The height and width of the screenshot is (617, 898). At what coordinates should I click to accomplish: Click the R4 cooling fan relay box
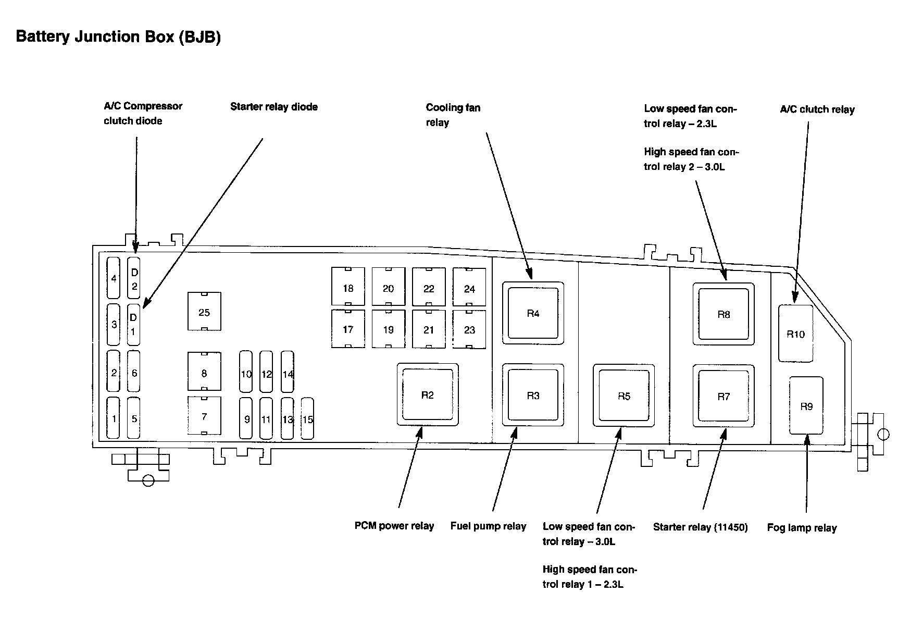pos(533,313)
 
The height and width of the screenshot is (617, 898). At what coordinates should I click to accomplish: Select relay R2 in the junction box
pos(428,395)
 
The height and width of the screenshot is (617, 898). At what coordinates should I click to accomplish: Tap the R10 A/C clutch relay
pos(795,334)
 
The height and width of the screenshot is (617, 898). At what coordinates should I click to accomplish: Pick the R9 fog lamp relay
pos(806,406)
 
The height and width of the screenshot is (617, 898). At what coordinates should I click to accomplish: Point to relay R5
pos(623,396)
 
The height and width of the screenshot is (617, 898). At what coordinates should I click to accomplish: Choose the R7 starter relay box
pos(724,397)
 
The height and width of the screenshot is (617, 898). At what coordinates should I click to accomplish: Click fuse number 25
pos(204,312)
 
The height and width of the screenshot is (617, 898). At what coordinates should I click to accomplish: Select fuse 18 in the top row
pos(348,287)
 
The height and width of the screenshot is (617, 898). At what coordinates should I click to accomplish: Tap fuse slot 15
pos(308,418)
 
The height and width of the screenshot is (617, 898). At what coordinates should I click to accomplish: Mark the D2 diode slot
pos(134,278)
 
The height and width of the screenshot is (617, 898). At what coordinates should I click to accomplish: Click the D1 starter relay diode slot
pos(134,324)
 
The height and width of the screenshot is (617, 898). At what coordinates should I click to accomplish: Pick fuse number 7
pos(204,416)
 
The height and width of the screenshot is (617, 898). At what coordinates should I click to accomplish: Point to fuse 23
pos(469,329)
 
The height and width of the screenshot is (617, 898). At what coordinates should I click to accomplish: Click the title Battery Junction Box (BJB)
pos(119,37)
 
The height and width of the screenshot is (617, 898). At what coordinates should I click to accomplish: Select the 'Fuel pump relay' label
pos(488,526)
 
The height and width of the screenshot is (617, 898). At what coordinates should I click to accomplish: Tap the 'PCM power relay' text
pos(394,526)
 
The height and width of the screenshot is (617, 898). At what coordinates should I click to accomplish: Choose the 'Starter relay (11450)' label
pos(700,527)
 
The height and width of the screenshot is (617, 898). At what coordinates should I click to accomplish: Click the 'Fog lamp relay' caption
pos(802,528)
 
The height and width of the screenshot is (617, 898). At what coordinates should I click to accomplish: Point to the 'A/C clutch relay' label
pos(817,109)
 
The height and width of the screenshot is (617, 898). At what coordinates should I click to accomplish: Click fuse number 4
pos(114,278)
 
